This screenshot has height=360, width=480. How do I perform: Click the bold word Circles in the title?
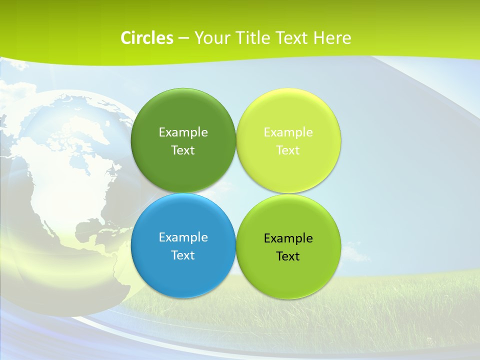pos(146,38)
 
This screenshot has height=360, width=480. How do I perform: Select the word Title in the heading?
pos(253,38)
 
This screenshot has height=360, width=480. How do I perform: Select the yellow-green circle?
pos(288,170)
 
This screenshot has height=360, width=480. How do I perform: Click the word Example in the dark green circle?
pos(183,132)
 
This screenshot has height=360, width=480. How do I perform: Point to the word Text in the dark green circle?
pos(183,150)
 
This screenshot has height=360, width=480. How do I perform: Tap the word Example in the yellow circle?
pos(288,132)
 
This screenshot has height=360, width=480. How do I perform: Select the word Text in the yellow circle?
pos(288,150)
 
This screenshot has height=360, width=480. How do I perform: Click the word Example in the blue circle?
pos(183,237)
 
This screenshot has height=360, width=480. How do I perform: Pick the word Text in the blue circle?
pos(183,255)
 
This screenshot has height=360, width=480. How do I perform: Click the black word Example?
pos(288,238)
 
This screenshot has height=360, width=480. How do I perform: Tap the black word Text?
pos(288,256)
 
